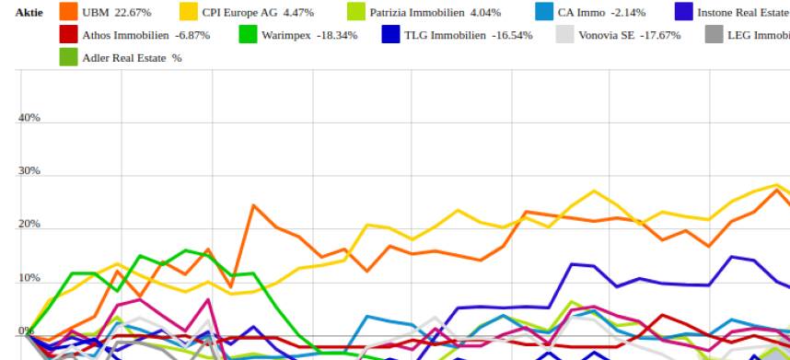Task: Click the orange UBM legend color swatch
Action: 69,12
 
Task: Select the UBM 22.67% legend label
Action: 116,13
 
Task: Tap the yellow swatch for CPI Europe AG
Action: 189,12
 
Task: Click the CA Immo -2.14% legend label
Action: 601,13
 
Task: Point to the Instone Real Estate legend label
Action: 742,13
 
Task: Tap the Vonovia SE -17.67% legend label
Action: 629,35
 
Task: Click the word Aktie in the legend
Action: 29,13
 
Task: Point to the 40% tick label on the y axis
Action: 29,118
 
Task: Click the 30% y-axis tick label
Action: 29,171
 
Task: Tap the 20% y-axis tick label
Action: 29,225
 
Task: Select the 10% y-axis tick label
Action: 29,278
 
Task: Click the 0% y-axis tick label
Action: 26,331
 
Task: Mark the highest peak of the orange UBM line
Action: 253,205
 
